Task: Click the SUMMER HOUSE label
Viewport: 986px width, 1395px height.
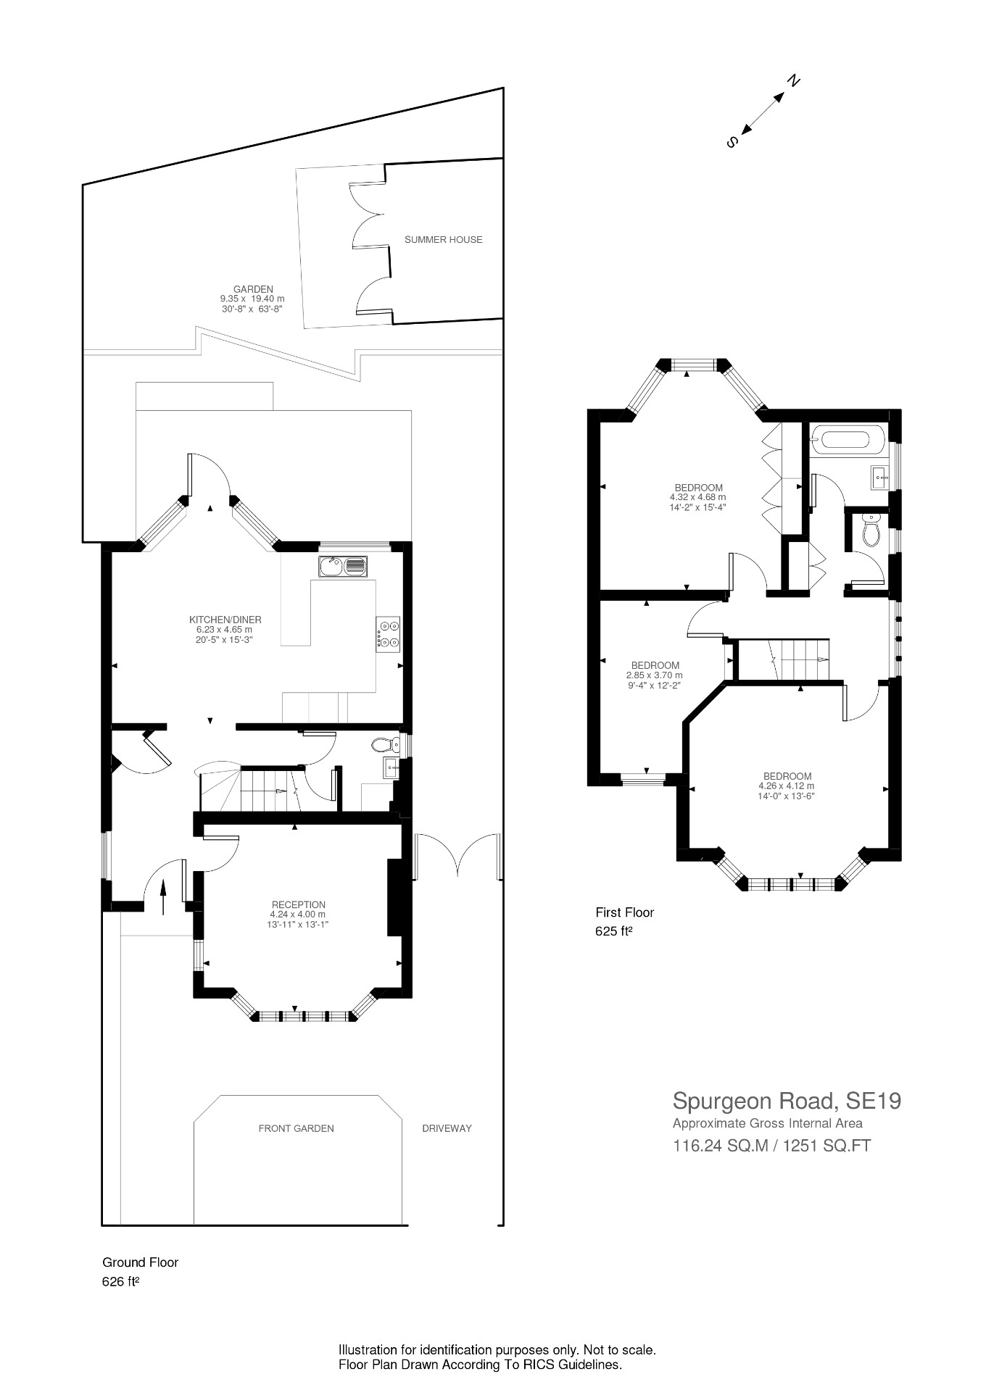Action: [x=443, y=240]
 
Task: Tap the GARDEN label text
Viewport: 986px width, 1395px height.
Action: [x=253, y=289]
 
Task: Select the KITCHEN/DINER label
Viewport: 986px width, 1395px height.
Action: [x=225, y=620]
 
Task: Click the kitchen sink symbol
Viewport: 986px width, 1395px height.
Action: [x=342, y=566]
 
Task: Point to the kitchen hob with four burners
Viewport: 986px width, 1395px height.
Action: [x=387, y=632]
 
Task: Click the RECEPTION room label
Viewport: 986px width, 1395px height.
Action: [x=298, y=904]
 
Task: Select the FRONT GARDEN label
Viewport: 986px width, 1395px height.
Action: [x=296, y=1128]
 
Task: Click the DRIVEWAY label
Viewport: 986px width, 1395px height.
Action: [x=447, y=1128]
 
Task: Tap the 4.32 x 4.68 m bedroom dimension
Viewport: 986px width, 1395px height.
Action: [x=697, y=498]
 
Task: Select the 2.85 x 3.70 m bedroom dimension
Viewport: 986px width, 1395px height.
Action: [x=655, y=675]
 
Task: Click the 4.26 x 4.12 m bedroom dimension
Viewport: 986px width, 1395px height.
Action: [x=787, y=786]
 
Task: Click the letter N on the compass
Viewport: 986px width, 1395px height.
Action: [x=794, y=80]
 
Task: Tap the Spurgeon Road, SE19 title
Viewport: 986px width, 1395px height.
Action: [x=787, y=1101]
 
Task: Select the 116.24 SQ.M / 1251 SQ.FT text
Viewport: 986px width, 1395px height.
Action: [x=771, y=1146]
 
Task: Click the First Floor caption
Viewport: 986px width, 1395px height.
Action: [x=624, y=912]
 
